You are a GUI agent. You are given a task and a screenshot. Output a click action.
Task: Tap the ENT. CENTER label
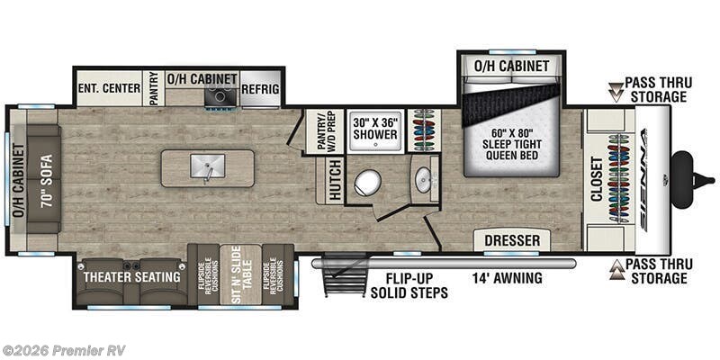(108, 89)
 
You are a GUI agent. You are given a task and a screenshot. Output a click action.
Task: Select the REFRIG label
(260, 89)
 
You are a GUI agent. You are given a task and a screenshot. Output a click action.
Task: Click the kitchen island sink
(206, 167)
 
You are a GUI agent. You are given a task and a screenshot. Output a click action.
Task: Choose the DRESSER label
(512, 240)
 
